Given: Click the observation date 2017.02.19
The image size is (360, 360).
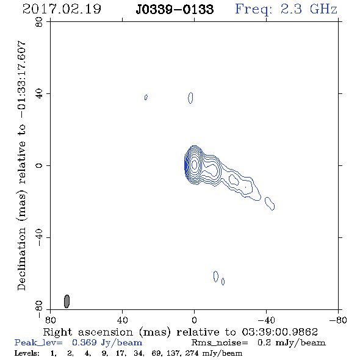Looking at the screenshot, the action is coord(62,9).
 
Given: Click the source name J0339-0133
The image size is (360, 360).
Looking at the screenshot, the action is coord(175,10).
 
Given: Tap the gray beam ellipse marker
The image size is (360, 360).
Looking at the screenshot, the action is coord(67,301).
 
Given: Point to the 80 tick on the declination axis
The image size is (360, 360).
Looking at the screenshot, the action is coord(39,22).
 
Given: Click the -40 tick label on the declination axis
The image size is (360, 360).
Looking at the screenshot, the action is coord(39,237).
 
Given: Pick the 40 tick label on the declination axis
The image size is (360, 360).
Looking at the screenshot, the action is coord(39,94).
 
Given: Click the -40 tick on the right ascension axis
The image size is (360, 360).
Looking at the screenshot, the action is coord(266,320).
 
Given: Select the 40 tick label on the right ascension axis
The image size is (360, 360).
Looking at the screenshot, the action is coord(122,320).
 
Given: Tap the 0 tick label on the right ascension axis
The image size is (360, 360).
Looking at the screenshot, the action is coord(194,320).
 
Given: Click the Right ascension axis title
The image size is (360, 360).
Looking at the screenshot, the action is coord(180,332).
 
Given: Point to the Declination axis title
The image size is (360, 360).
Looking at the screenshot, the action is coord(21,165).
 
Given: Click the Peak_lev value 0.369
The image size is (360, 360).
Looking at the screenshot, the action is coord(84,342).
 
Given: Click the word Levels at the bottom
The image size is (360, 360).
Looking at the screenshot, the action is coord(27,353).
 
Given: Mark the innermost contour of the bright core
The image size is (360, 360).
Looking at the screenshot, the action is coord(194,164).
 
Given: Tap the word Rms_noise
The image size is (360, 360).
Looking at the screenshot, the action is coord(220,343).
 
